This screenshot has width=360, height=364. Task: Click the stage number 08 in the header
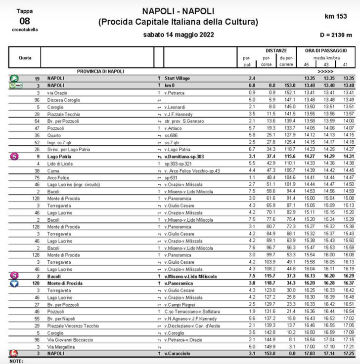(24, 21)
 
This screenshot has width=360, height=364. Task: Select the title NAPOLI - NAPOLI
(178, 11)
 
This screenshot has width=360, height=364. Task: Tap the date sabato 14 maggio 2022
(178, 35)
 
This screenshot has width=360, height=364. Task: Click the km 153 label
(336, 16)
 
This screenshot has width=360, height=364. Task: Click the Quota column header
(25, 57)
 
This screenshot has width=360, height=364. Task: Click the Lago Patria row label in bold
(59, 143)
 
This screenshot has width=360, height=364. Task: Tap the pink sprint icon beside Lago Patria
(14, 143)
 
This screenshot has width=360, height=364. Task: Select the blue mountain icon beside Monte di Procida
(14, 284)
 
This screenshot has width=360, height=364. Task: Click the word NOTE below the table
(16, 361)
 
